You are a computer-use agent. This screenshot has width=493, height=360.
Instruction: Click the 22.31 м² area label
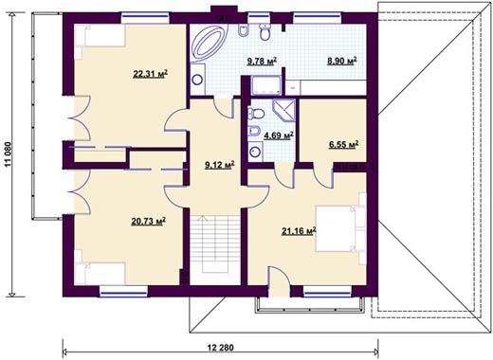click(150, 74)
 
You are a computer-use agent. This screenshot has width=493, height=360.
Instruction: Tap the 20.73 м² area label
click(149, 222)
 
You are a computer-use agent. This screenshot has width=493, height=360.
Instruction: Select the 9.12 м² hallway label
click(220, 165)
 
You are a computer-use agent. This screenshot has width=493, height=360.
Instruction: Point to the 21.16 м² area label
click(299, 231)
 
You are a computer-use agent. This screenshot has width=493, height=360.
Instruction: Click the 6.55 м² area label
click(343, 145)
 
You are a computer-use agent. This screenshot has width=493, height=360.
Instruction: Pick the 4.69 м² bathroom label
click(279, 135)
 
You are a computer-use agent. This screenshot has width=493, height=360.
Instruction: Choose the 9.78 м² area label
click(262, 61)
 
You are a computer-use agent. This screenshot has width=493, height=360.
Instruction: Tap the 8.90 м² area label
click(342, 61)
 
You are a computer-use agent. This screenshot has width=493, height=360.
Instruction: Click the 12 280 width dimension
click(221, 348)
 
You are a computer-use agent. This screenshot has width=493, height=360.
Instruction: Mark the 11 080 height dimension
click(8, 154)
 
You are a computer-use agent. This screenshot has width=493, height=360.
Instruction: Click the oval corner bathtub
click(209, 42)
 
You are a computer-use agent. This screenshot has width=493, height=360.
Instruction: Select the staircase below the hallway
click(215, 244)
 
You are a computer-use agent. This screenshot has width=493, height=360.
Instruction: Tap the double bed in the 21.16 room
click(340, 228)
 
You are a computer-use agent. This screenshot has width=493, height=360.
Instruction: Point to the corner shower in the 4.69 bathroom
click(284, 110)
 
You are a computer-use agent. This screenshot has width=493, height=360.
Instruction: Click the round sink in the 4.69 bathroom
click(255, 152)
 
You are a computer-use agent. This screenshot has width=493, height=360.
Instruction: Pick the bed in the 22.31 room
click(100, 36)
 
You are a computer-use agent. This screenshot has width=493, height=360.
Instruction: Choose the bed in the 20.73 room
click(100, 273)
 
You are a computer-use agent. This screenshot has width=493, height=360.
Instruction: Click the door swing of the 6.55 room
click(323, 177)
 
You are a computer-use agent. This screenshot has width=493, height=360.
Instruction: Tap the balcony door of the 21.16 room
click(279, 281)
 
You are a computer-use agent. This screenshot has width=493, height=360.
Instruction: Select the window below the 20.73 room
click(123, 291)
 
